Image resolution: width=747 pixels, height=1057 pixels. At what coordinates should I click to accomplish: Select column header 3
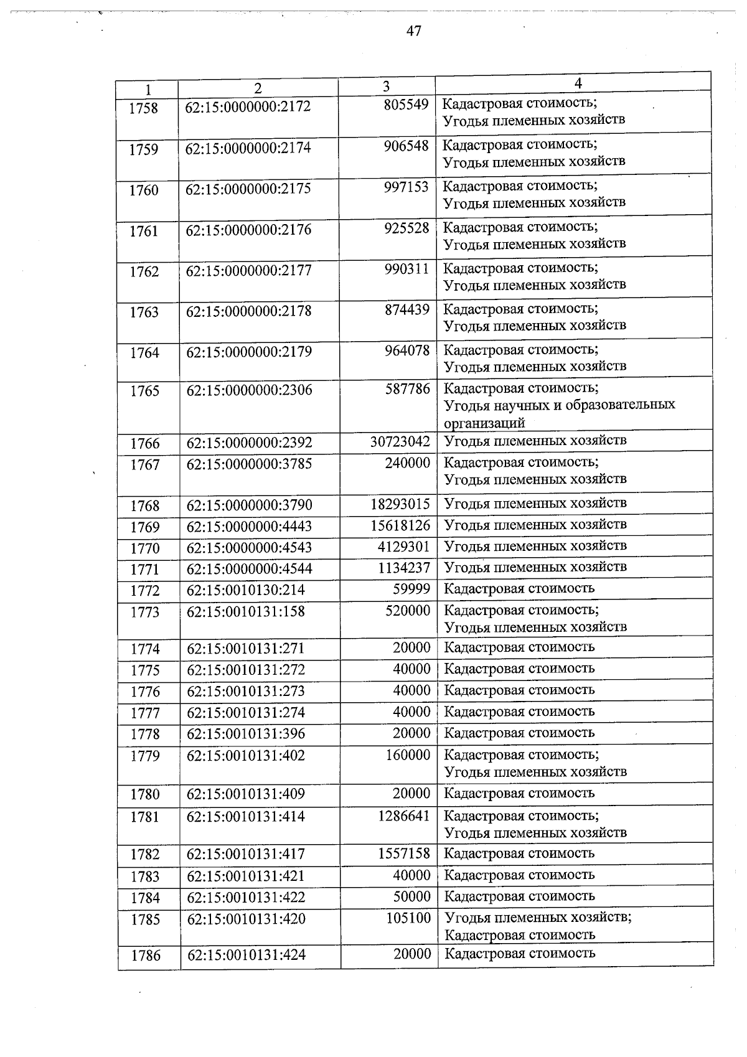[x=387, y=87]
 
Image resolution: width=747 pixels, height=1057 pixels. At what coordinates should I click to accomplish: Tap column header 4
[x=578, y=83]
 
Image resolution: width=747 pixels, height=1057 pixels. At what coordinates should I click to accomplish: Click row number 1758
[x=144, y=108]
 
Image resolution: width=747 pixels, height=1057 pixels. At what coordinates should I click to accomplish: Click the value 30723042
[x=400, y=441]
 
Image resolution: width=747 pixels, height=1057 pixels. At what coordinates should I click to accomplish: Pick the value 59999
[x=411, y=588]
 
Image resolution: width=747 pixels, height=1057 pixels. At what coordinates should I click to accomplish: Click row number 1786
[x=146, y=956]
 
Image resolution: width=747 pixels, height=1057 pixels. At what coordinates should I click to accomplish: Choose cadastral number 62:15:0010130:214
[x=246, y=590]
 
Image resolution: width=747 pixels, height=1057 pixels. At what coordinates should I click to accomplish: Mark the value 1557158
[x=404, y=853]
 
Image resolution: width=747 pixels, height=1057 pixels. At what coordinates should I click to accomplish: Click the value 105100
[x=408, y=918]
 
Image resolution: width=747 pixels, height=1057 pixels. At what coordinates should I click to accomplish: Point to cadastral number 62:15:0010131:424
[x=247, y=955]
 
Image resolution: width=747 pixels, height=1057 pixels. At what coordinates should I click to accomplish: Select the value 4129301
[x=404, y=547]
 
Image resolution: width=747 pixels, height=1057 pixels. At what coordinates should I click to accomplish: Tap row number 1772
[x=145, y=590]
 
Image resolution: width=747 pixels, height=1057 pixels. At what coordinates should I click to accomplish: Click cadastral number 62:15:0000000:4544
[x=250, y=568]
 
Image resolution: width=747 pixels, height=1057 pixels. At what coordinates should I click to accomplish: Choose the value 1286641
[x=404, y=815]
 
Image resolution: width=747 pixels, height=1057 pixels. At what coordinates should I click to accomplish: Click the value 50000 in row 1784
[x=411, y=896]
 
